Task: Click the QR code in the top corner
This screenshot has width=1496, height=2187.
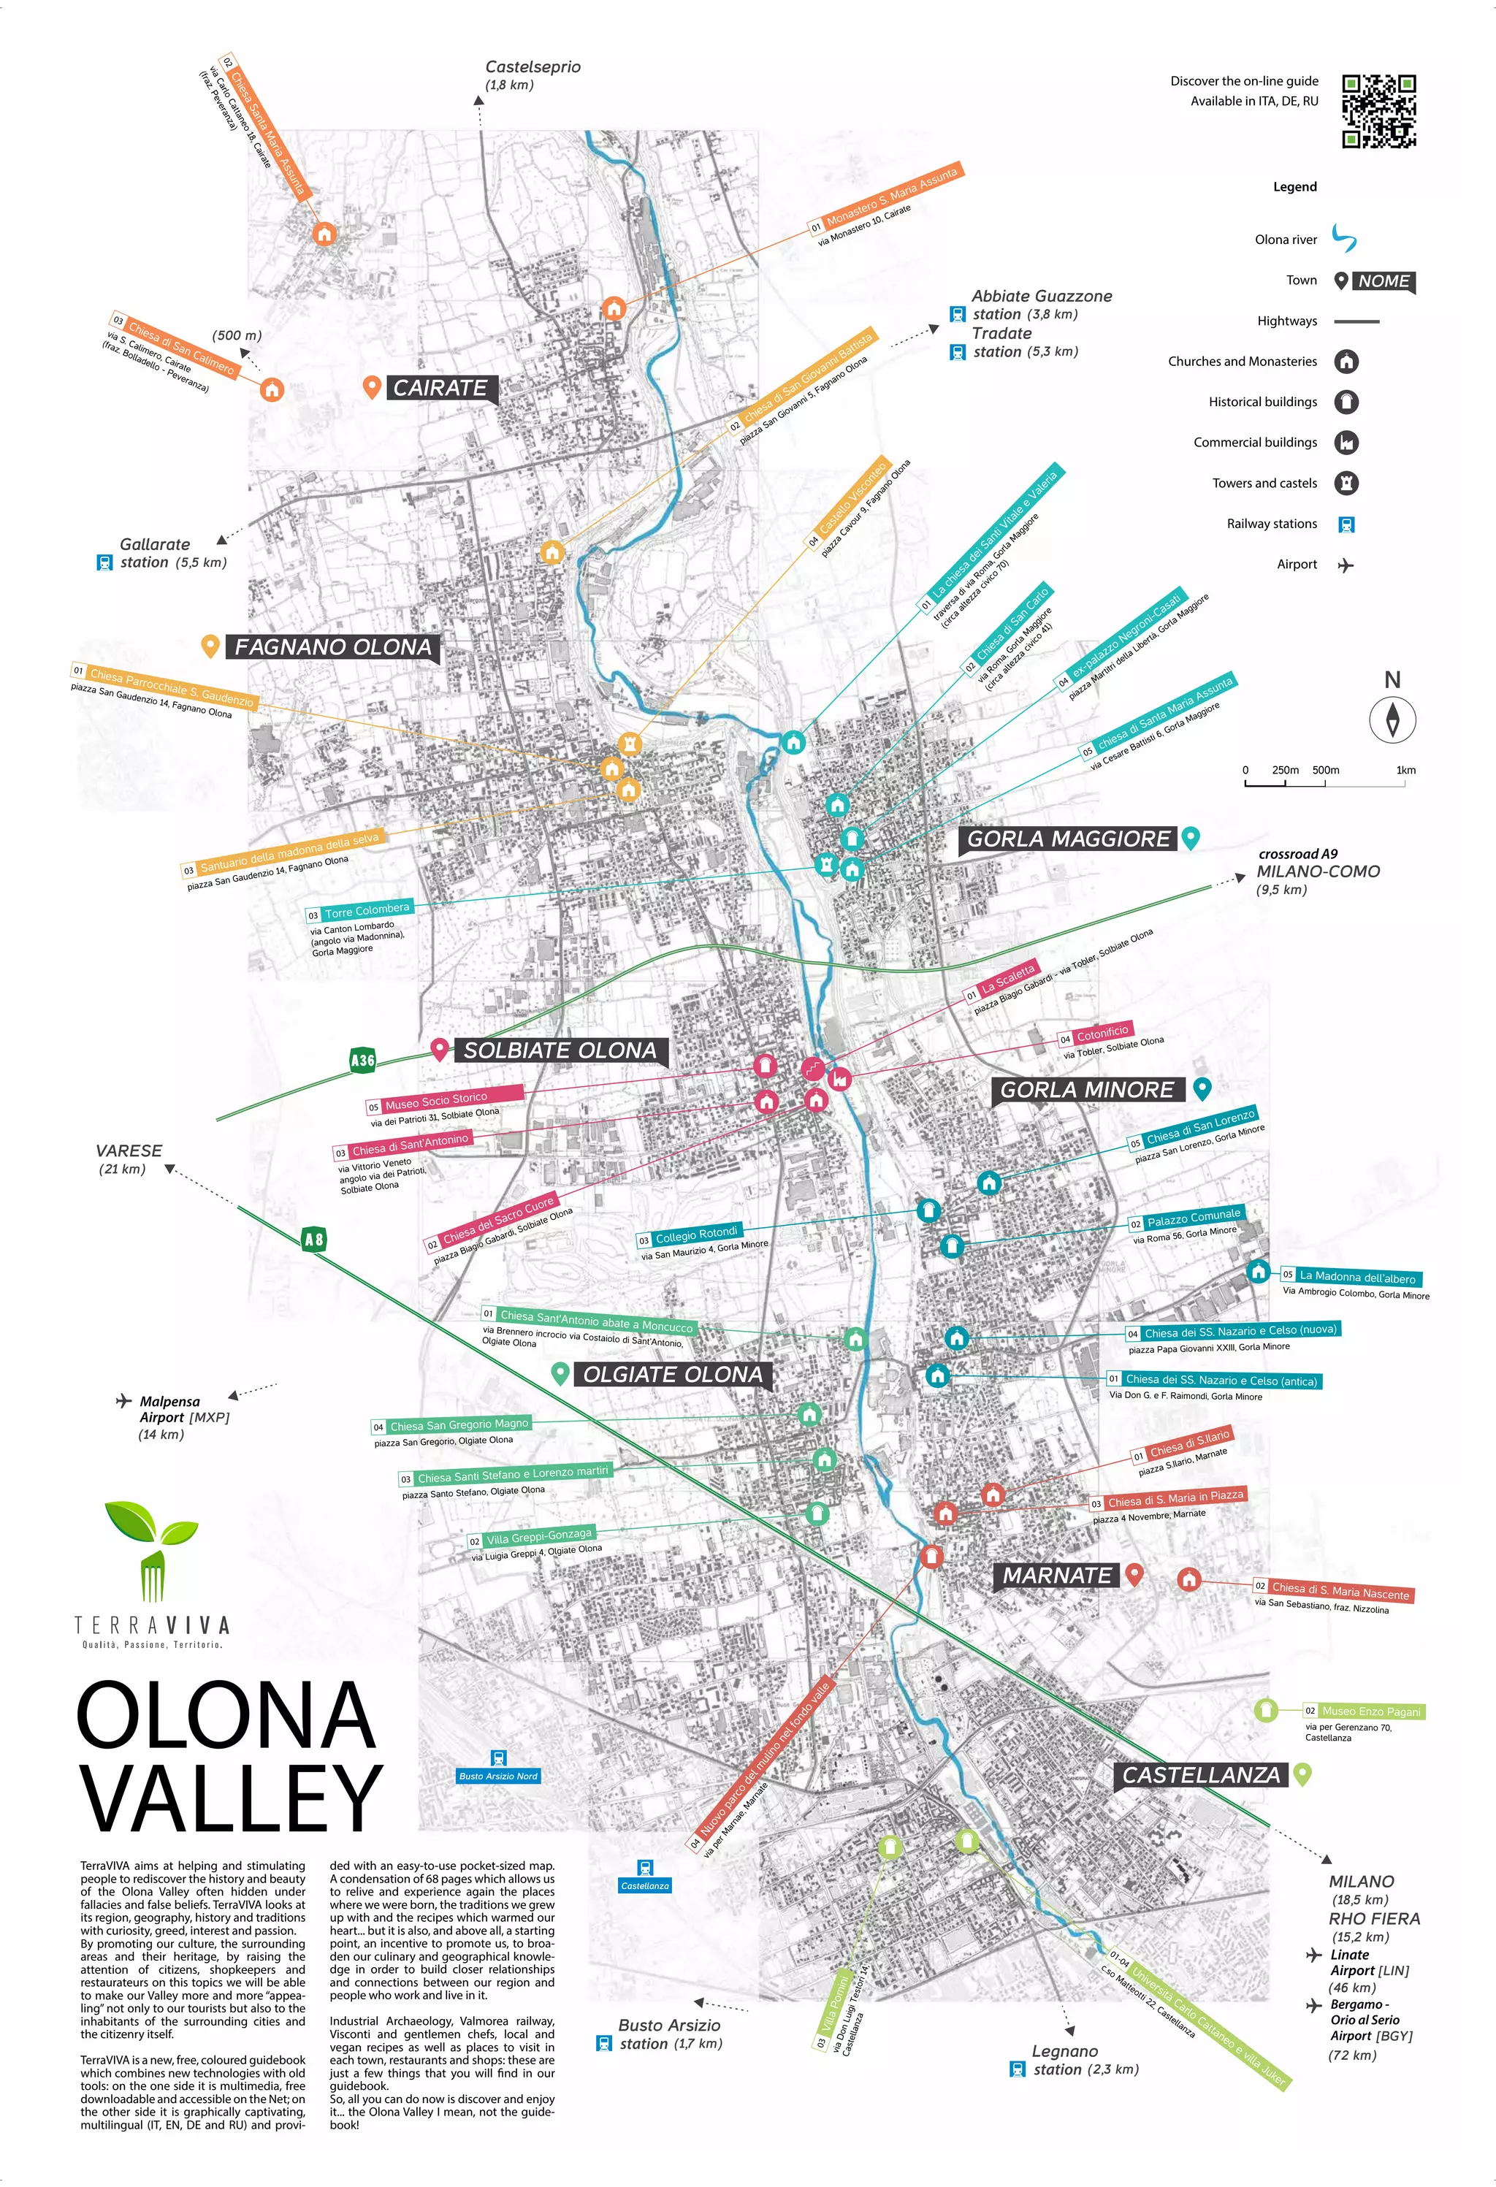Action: [1378, 111]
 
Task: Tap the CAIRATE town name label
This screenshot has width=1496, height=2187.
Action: [440, 388]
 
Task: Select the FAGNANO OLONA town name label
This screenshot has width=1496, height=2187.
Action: [333, 647]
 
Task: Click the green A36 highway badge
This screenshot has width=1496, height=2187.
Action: [362, 1061]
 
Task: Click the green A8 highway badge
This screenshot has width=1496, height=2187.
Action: [313, 1240]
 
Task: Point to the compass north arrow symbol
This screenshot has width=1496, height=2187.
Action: [1392, 720]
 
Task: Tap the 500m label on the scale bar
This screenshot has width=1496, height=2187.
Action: [1325, 770]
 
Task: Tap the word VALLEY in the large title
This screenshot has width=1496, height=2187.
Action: [231, 1798]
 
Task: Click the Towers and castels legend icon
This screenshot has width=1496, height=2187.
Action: [1346, 483]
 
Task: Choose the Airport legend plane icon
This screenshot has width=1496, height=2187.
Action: [1346, 565]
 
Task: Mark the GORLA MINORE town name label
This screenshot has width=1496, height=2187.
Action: [1087, 1090]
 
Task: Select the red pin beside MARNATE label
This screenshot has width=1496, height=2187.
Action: [1134, 1573]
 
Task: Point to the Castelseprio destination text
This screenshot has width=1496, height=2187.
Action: [533, 66]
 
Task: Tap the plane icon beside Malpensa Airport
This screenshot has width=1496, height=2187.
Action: [123, 1401]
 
